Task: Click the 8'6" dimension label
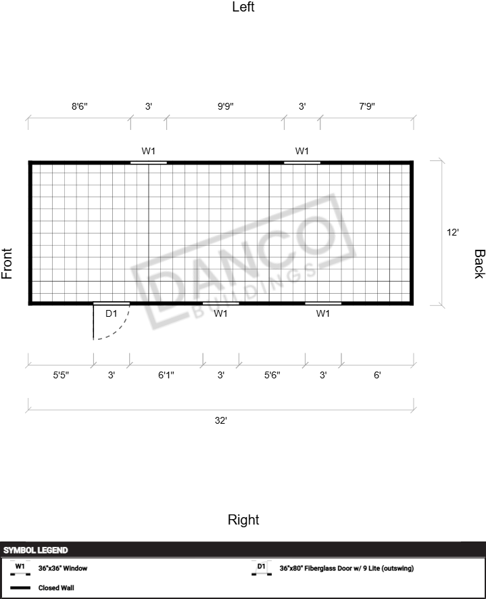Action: click(80, 106)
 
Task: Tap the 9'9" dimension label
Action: click(226, 106)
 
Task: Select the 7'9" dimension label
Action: click(367, 106)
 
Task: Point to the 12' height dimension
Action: click(453, 232)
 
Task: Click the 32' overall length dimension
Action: click(221, 420)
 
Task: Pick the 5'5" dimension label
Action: click(61, 375)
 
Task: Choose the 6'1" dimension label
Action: click(166, 375)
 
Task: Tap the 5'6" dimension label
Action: click(272, 375)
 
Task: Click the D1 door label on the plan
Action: click(111, 313)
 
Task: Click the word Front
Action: click(7, 263)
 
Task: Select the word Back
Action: click(479, 264)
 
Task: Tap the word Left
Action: click(243, 7)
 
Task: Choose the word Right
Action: click(243, 520)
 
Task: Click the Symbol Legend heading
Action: click(35, 550)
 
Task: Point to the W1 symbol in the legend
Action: click(20, 569)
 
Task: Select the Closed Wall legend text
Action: click(56, 588)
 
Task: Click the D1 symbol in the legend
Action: click(262, 569)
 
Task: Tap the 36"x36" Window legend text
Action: click(63, 569)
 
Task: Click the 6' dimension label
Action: click(377, 375)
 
